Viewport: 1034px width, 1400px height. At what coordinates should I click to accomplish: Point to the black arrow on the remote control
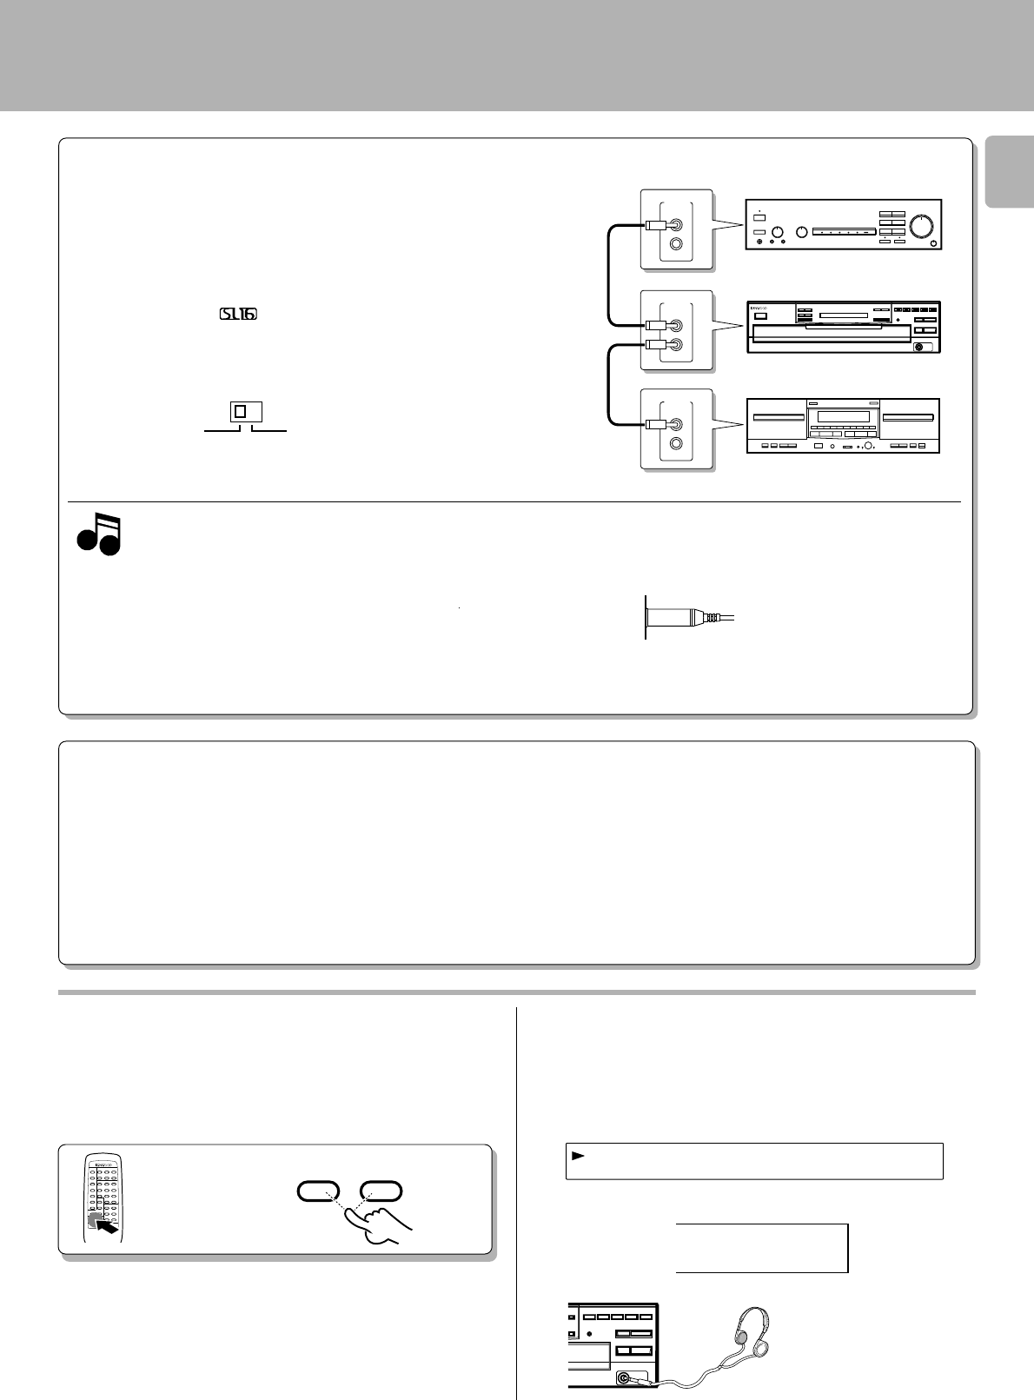tap(106, 1223)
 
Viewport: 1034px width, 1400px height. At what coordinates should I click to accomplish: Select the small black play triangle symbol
tap(578, 1156)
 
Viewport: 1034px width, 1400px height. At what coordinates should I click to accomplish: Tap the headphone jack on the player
tap(623, 1377)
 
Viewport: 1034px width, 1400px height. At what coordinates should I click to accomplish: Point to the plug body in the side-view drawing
tap(678, 617)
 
